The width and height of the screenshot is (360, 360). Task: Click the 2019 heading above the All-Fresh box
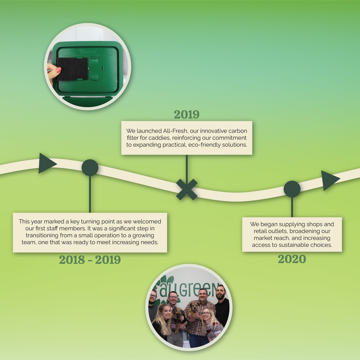[186, 115]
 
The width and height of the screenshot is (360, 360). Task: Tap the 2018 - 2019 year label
[90, 260]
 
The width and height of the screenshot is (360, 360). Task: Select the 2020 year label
[292, 259]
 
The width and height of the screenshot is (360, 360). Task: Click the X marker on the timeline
[187, 189]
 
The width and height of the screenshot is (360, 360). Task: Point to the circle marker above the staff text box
[90, 168]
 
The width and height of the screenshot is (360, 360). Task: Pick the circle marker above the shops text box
[292, 189]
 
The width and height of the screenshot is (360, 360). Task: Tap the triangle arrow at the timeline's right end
[330, 180]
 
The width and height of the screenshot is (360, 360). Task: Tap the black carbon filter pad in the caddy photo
[72, 69]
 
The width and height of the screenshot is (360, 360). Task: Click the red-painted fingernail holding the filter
[58, 70]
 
